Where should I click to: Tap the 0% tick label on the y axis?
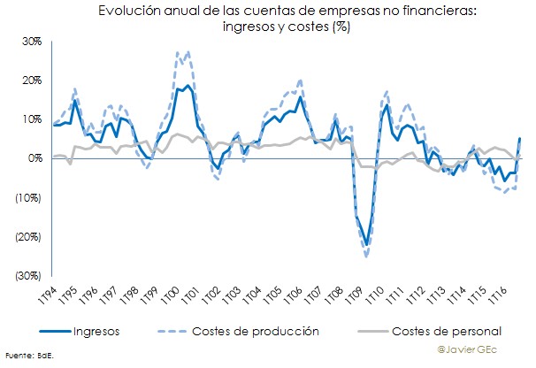(34, 158)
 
